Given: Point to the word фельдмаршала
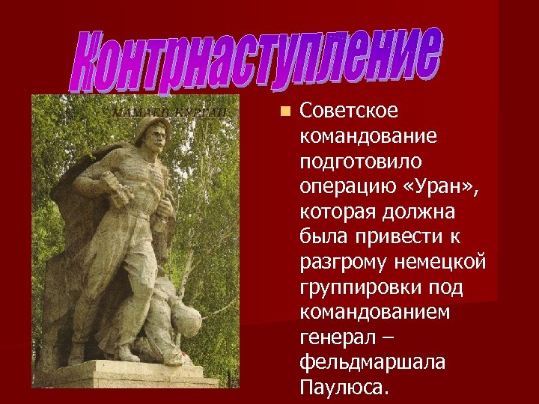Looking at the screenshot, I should tap(372, 362).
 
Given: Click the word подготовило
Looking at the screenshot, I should tap(360, 162).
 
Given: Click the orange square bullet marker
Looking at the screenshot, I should tap(285, 111).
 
